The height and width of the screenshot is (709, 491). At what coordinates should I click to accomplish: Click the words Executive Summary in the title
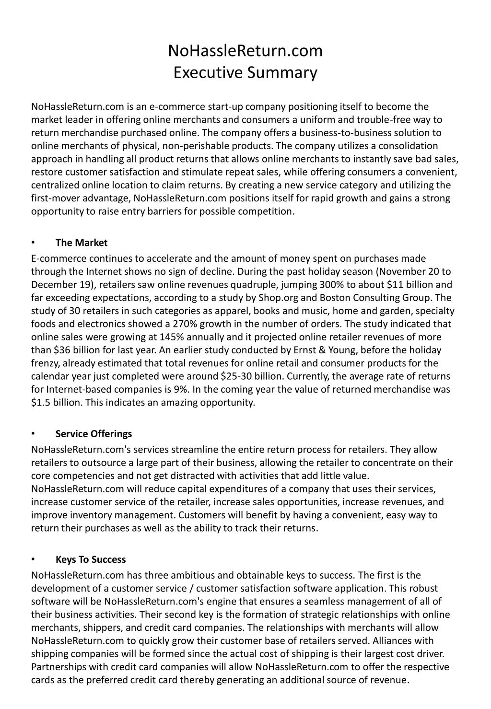coord(245,72)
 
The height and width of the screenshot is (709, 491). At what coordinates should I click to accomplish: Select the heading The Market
coord(82,243)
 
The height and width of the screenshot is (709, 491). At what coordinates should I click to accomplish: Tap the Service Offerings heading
coord(94,434)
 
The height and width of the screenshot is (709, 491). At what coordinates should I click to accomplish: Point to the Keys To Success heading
coord(91,559)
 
